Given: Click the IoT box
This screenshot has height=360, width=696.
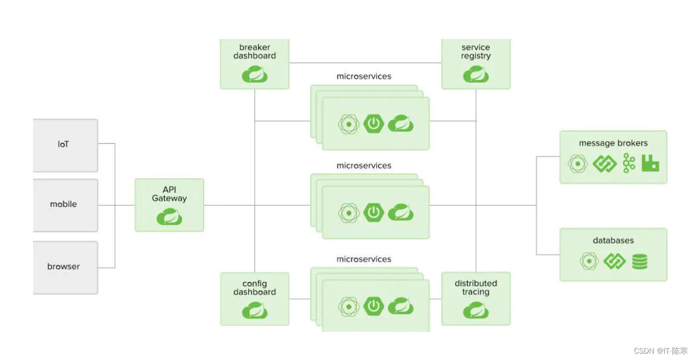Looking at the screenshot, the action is coord(66,145).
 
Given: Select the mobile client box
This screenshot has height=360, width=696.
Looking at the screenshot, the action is coord(66,205).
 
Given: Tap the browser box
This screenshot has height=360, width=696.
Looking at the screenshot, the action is coord(66,268).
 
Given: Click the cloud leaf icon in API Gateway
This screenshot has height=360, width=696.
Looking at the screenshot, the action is coord(169,216).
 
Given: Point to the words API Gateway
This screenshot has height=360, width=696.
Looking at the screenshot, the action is coord(169,194).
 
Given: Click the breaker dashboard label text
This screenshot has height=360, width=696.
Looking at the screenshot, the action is coord(254,52).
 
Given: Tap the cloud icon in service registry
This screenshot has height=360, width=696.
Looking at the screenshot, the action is coord(476,74).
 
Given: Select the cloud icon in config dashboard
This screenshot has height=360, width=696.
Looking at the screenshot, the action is coord(254,310).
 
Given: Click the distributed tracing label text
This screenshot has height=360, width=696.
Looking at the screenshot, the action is coord(476,288).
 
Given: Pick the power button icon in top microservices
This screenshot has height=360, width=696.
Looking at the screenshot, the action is coord(373,123).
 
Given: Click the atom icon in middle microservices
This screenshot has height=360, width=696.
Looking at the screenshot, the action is coord(349,213).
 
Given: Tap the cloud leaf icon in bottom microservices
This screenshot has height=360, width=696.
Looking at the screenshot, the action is coord(401,306).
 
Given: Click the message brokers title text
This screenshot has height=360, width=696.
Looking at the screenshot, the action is coord(613,143).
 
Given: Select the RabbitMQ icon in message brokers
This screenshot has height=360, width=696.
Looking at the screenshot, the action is coord(650,163).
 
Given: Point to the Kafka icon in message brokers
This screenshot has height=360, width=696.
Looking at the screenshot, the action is coord(629,163).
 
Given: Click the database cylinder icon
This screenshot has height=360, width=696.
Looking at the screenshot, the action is coord(640,262).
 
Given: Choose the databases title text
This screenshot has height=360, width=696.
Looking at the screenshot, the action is coord(613,240).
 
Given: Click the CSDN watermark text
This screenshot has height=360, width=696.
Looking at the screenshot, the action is coord(661,351).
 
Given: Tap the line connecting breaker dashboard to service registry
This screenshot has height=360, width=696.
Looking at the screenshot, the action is coord(365,62).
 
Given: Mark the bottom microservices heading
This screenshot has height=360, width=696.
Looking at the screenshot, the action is coord(364,259).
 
